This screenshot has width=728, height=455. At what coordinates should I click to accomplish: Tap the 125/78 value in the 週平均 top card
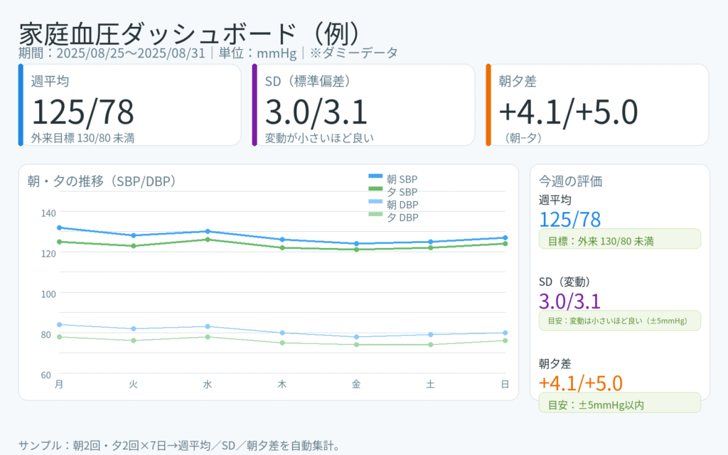pos(82,112)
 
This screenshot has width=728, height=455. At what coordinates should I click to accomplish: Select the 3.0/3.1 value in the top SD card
pos(316,112)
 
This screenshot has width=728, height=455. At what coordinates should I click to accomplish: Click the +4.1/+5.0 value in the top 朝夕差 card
pos(568,112)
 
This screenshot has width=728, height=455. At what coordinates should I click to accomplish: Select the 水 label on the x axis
pos(208,385)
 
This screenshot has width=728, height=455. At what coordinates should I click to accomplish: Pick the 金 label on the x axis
pos(356,385)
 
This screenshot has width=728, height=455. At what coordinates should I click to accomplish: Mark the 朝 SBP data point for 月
pos(59,227)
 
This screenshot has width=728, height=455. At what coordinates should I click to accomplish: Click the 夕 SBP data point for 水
pos(208,240)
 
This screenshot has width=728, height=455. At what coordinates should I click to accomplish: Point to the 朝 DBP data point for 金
pos(356,337)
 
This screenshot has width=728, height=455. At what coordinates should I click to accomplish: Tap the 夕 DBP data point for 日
pos(505,341)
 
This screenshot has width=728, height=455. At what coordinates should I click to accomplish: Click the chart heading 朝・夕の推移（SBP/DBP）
pos(101,181)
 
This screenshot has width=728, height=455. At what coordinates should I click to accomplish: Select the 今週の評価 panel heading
pos(571,181)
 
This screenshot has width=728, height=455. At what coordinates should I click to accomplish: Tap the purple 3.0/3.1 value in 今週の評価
pos(570,301)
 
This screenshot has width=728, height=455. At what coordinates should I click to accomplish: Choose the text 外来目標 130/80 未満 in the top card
pos(82,137)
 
